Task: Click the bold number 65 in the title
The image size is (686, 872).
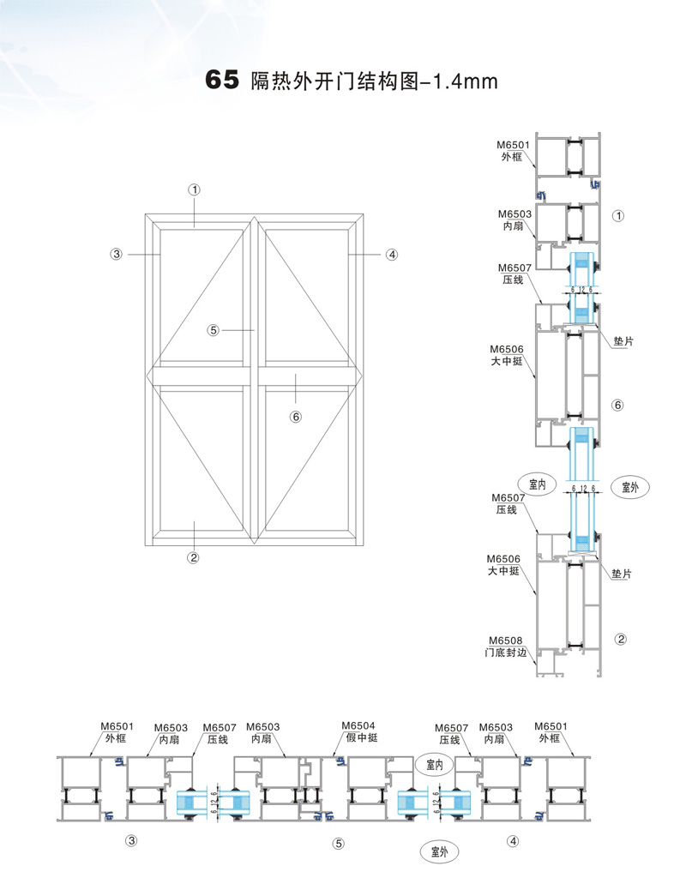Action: (x=222, y=80)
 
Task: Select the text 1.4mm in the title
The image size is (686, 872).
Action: (x=465, y=81)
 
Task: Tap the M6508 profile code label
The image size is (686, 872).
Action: (x=506, y=640)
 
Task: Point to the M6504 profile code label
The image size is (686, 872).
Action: (x=358, y=725)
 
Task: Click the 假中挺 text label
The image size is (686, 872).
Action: (x=362, y=737)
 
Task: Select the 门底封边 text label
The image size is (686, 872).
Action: (x=506, y=652)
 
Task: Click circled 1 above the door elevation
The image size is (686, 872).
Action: (x=194, y=189)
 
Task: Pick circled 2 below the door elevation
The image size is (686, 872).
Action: (x=193, y=557)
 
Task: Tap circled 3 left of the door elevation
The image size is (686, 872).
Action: (x=116, y=254)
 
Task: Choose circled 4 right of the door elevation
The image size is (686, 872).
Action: (x=392, y=255)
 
